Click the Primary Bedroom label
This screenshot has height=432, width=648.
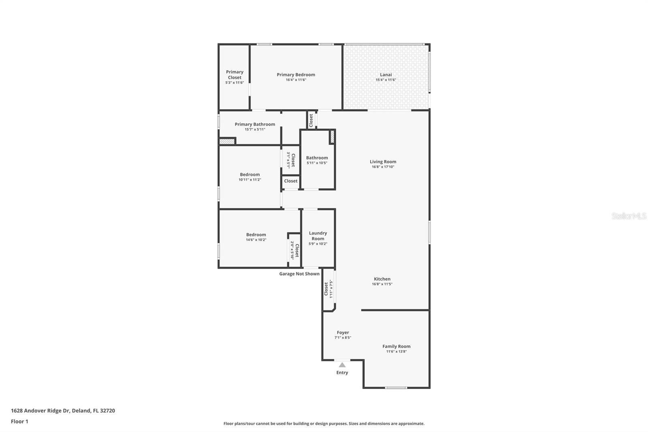coord(296,75)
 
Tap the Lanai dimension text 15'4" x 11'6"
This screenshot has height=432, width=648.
coord(386,80)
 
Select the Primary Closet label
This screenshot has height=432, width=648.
coord(234,75)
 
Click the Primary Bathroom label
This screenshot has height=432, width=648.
coord(255,124)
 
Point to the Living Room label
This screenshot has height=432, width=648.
coord(383,162)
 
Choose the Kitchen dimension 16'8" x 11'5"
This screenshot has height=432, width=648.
coord(382,284)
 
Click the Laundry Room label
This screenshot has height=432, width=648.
coord(318,236)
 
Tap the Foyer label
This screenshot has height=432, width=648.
coord(343,332)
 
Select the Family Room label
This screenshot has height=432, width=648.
coord(396,346)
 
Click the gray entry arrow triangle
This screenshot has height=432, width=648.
coord(342,365)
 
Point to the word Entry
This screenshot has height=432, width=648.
coord(342,373)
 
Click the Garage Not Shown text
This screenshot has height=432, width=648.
coord(299,274)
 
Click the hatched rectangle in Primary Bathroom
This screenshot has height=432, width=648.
coord(227,141)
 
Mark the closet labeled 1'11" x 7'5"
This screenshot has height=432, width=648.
coord(328,289)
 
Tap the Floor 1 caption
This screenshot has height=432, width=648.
coord(19,421)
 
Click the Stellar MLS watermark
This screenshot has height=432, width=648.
coord(629,216)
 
